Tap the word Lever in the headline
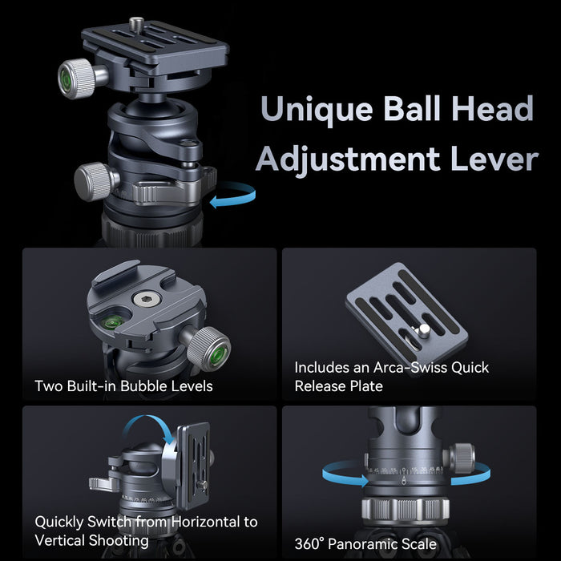(494, 159)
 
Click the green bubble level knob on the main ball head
(75, 79)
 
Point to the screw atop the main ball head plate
(136, 24)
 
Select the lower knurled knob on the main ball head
(95, 181)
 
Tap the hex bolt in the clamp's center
(147, 299)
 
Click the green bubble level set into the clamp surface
(112, 324)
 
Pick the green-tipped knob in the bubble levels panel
(209, 349)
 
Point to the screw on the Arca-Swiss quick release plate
(423, 330)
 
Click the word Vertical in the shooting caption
(60, 540)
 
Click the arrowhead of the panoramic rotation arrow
(364, 481)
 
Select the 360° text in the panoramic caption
(309, 544)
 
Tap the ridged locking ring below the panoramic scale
(405, 508)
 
